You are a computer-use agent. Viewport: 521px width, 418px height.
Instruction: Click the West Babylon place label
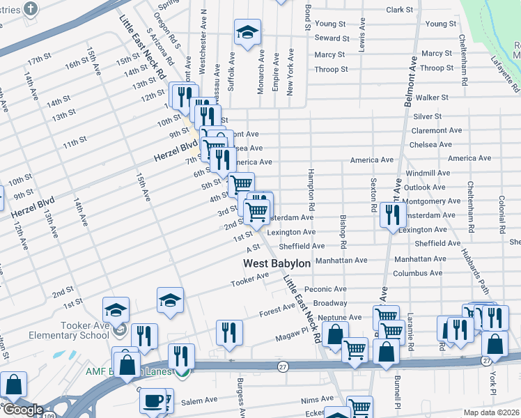[x=277, y=264]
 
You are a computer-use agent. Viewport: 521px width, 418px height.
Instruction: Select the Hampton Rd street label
[x=311, y=190]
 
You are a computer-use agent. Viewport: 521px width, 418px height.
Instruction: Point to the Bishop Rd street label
[x=343, y=231]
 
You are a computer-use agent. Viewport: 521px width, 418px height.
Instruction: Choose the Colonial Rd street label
[x=501, y=213]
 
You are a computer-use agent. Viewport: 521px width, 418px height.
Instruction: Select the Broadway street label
[x=329, y=303]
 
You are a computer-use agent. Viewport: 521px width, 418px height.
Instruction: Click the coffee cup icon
[x=153, y=401]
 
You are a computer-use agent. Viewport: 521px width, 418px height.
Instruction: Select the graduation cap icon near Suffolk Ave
[x=247, y=33]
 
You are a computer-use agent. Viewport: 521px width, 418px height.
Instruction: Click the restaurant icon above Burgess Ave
[x=228, y=332]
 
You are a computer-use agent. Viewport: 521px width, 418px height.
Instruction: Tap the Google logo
[x=22, y=409]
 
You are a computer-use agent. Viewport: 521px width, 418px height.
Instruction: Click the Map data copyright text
[x=491, y=412]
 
